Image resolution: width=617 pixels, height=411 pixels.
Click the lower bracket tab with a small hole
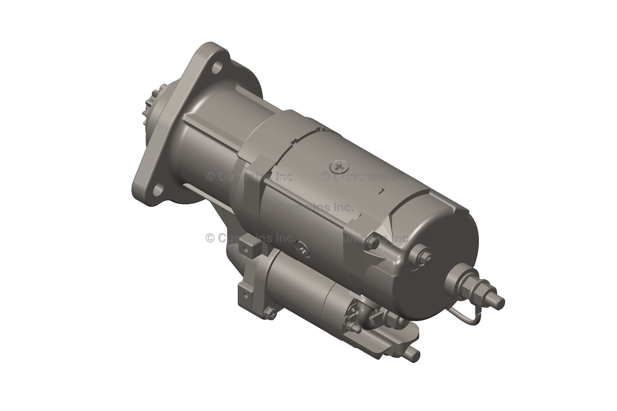pyautogui.click(x=245, y=295)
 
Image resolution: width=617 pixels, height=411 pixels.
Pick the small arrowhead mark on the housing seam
pyautogui.click(x=320, y=129)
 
